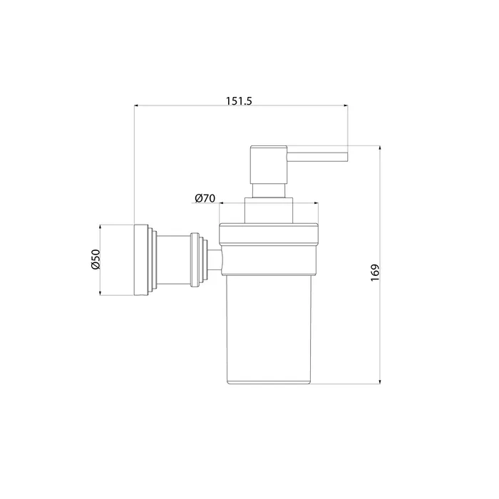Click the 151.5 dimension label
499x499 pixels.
239,101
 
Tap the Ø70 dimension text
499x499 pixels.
205,198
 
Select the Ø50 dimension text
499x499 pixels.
96,259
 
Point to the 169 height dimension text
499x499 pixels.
375,272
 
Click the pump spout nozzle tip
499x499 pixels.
348,157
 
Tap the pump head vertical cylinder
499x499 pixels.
269,165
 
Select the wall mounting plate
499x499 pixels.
141,260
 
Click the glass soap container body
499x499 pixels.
268,328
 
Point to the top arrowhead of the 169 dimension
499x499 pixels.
380,148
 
